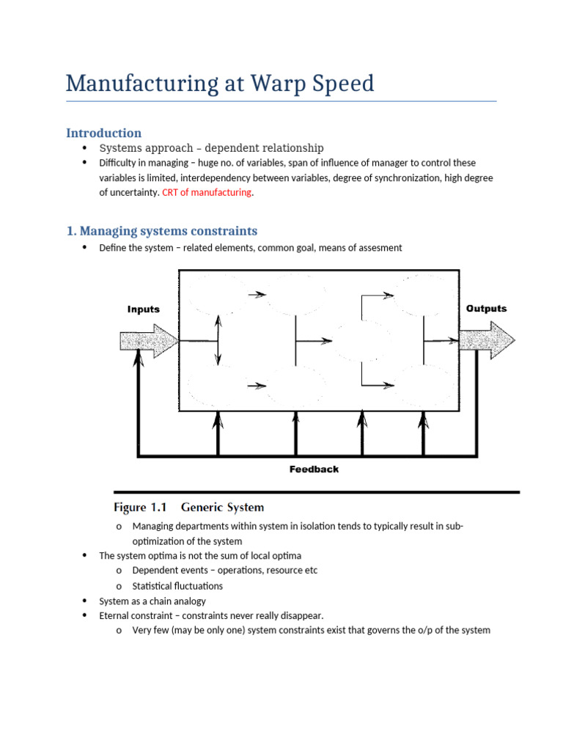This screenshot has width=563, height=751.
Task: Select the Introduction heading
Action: [103, 133]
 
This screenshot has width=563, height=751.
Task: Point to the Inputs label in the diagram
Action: [144, 309]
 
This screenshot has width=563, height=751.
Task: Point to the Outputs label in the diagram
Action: [486, 309]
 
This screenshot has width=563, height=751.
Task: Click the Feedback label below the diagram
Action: [314, 469]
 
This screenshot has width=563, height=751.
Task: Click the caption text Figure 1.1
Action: [141, 508]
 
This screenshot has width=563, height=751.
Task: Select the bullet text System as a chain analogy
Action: [152, 601]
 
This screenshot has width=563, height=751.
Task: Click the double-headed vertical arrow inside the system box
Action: [218, 340]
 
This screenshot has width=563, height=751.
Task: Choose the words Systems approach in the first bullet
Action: [141, 148]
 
